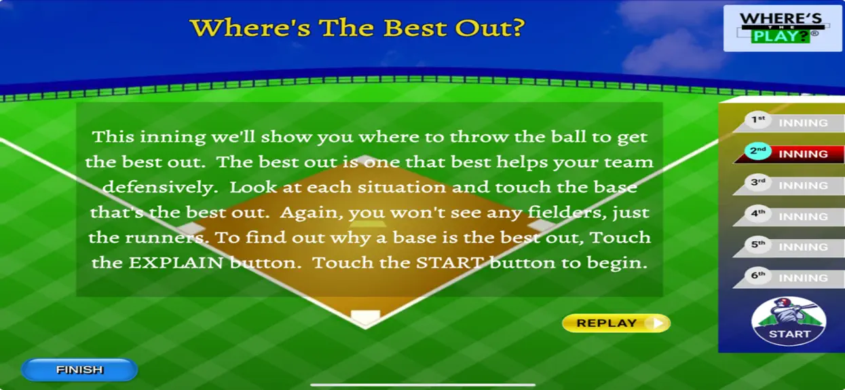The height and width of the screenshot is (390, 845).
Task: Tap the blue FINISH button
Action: (79, 370)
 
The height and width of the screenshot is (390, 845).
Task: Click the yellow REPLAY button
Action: (616, 323)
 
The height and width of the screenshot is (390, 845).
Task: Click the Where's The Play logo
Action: (783, 29)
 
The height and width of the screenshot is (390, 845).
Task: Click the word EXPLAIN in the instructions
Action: (176, 263)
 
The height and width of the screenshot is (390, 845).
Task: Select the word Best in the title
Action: (415, 28)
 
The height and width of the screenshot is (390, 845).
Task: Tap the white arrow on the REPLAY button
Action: (658, 323)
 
